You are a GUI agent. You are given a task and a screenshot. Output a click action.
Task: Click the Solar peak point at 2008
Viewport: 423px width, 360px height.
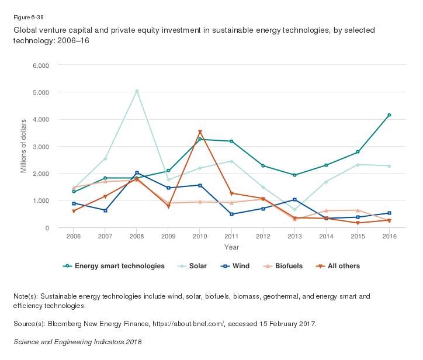137,91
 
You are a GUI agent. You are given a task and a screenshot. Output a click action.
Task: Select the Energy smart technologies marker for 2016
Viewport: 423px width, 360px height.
389,115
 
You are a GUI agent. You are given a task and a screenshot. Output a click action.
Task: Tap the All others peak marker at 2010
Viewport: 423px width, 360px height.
200,132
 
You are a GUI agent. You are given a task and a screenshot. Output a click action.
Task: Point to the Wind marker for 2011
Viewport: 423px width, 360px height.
231,214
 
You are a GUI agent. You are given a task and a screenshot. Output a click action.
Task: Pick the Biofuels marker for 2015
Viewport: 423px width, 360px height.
358,210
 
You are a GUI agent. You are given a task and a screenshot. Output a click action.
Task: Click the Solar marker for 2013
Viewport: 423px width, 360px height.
294,209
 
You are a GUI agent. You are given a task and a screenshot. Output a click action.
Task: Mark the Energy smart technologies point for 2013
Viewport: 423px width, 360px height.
294,175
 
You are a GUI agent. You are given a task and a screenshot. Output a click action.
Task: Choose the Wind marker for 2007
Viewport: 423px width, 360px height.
105,210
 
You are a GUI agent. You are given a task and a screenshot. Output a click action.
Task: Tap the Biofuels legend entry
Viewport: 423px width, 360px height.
282,266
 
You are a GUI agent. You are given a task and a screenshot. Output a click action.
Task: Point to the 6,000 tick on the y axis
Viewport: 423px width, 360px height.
40,65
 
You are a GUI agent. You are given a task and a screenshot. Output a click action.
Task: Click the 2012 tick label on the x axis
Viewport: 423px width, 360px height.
263,236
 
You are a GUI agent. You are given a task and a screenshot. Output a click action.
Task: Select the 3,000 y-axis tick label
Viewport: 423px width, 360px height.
40,146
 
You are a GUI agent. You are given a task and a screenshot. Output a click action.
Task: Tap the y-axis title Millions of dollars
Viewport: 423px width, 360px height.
24,146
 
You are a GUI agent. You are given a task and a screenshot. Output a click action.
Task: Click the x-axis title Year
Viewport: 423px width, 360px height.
231,247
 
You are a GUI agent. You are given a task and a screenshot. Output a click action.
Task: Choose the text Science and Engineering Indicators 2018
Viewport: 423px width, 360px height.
77,341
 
